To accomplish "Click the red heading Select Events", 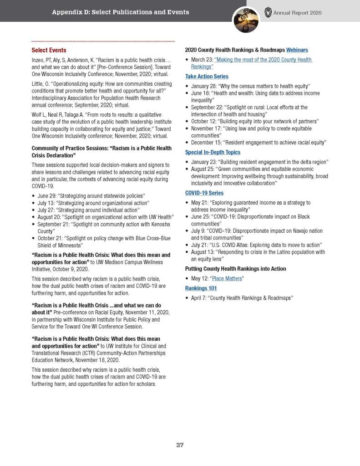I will point(49,50).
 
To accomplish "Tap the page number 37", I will point(180,445).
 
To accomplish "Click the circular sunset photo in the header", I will point(246,20).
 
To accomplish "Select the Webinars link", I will point(297,50).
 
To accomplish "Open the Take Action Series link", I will point(207,77).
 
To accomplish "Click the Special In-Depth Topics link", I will point(213,152).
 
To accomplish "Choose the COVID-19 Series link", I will point(204,193).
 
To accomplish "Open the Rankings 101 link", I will point(201,288).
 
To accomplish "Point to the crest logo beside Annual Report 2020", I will point(268,12).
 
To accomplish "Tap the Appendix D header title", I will point(120,12).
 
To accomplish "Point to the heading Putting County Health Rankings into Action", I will point(235,269).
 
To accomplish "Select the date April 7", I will point(198,298).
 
